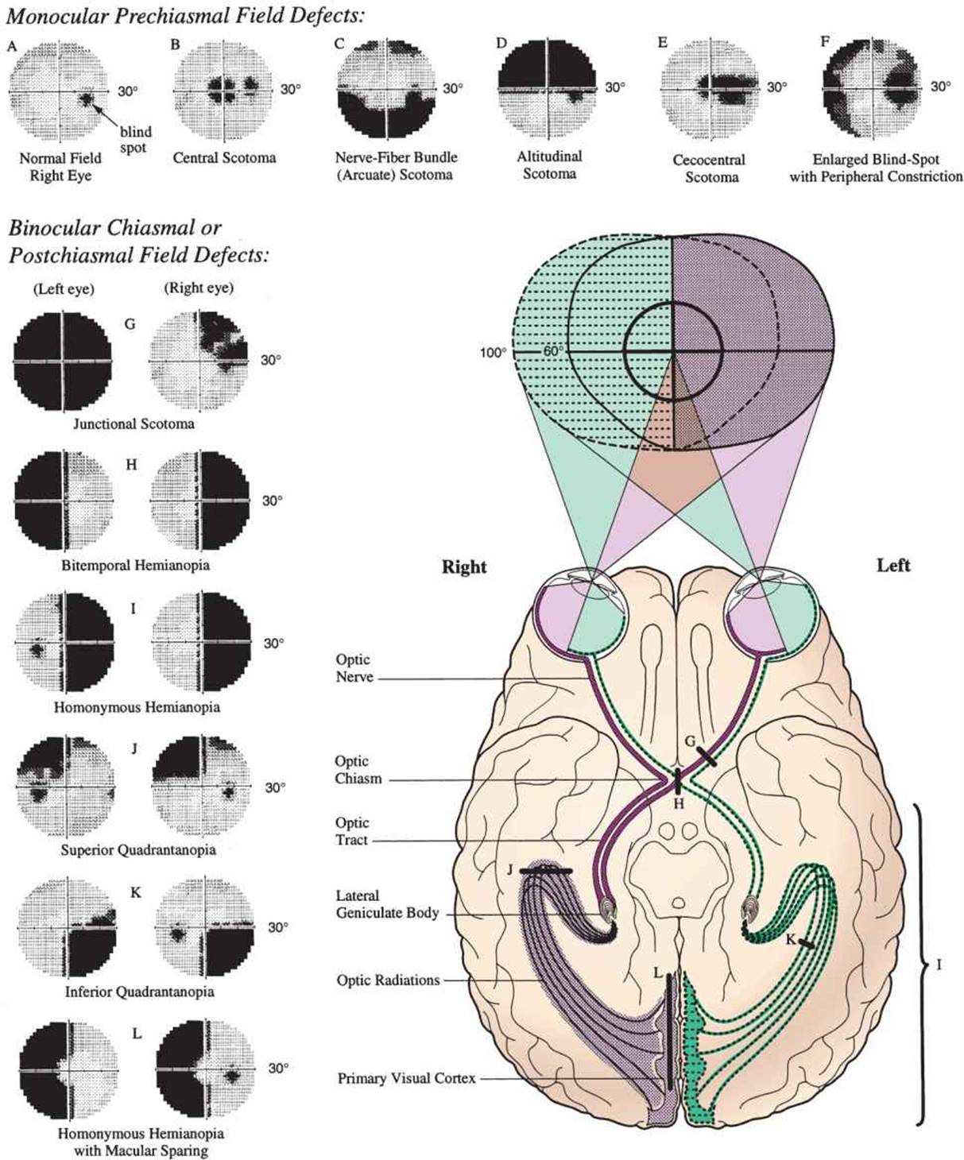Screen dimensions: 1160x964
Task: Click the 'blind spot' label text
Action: [x=135, y=140]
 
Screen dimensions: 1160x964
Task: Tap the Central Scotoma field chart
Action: [x=224, y=87]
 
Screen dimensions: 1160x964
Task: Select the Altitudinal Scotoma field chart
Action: [x=548, y=87]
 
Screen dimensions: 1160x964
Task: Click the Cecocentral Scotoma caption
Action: [x=710, y=168]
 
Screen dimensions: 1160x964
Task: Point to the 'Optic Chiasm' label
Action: [x=358, y=770]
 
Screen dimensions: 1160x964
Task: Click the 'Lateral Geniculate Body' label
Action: [x=386, y=904]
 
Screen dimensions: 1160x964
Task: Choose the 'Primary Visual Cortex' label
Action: [x=406, y=1078]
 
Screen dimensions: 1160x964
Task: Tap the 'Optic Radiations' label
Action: [x=388, y=980]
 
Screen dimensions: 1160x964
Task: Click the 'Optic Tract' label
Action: [x=351, y=831]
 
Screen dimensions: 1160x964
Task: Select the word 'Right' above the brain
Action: [x=464, y=566]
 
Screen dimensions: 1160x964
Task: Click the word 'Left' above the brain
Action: [x=893, y=566]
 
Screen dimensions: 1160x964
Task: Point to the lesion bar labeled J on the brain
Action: [x=546, y=872]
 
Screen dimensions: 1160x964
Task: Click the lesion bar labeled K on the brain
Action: [x=806, y=944]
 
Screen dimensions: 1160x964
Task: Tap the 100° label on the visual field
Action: [x=493, y=352]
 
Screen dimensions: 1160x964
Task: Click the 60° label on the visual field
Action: [x=553, y=350]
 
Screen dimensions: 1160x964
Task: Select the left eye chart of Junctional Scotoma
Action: [x=63, y=361]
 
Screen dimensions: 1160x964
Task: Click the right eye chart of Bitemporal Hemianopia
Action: [x=199, y=501]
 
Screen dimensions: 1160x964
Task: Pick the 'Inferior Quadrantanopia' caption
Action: [x=139, y=992]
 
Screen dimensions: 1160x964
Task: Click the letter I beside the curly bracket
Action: [x=939, y=965]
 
